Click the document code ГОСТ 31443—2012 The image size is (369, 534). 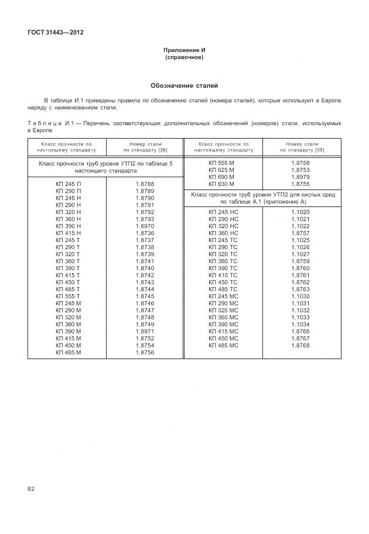tap(55, 32)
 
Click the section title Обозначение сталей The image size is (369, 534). tap(184, 85)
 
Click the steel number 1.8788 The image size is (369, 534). tap(145, 184)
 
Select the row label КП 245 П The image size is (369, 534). tap(68, 184)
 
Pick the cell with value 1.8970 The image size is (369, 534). tap(145, 226)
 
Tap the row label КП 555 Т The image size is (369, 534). tap(68, 297)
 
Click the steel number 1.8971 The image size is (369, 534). tap(145, 332)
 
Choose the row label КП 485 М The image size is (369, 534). tap(68, 353)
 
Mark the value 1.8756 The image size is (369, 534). tap(145, 353)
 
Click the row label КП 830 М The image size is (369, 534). tap(221, 184)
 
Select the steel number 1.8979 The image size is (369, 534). tap(300, 177)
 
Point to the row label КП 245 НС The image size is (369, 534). tap(223, 212)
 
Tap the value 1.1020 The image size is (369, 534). tap(300, 212)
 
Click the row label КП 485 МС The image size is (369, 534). tap(223, 346)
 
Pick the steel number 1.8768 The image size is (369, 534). tap(300, 346)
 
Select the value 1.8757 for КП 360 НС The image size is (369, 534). tap(300, 233)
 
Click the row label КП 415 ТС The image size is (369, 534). tap(223, 275)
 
